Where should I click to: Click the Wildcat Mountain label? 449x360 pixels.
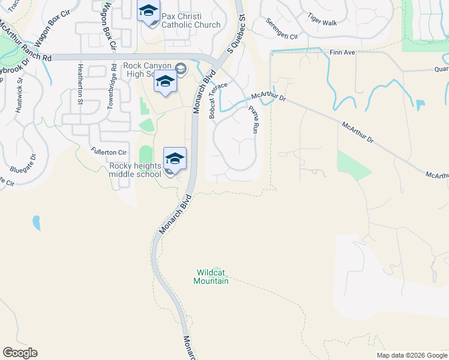point(212,277)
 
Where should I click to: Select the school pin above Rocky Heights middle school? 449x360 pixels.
point(175,158)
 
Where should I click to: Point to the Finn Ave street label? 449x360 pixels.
point(343,53)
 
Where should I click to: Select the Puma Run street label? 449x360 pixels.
point(252,119)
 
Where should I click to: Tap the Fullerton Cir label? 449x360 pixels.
point(109,152)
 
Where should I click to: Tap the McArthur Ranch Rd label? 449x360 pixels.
point(25,42)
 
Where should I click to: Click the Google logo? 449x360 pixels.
point(20,353)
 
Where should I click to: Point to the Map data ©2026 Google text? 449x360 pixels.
point(411,355)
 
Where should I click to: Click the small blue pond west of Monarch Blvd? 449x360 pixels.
point(37,223)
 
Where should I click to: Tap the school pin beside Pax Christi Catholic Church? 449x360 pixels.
point(148,11)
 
